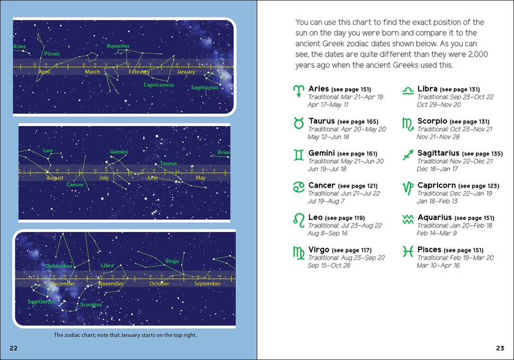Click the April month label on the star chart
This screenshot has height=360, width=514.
[x=44, y=72]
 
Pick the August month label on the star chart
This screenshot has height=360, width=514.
[x=55, y=177]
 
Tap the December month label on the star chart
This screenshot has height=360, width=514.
[x=62, y=283]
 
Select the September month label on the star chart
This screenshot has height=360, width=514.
[x=207, y=283]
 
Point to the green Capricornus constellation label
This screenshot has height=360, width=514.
[x=159, y=85]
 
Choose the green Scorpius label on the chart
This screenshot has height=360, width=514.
[x=91, y=305]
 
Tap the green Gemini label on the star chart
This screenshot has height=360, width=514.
[x=119, y=152]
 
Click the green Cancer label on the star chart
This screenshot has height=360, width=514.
[x=75, y=185]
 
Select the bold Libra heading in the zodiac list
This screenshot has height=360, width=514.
[x=428, y=89]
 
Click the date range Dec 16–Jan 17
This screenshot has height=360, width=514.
[x=438, y=169]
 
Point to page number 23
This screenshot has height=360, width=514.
[x=501, y=348]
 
